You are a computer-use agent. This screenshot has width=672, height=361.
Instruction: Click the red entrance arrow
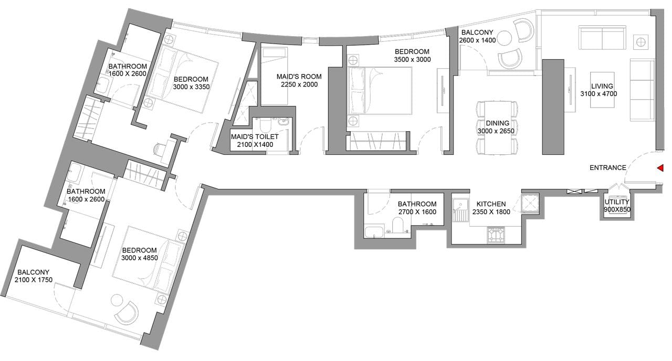[660, 168]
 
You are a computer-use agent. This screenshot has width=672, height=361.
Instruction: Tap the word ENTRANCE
[607, 168]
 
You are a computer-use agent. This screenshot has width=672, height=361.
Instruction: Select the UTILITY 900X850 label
[617, 206]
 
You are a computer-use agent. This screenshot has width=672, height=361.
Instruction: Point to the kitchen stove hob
[496, 235]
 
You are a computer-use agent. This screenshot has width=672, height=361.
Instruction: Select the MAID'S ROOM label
[299, 80]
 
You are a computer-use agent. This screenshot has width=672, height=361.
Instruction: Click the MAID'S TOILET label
[255, 140]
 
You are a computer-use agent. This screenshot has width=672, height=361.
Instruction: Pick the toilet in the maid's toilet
[264, 126]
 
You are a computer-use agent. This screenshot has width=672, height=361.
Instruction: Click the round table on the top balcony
[504, 38]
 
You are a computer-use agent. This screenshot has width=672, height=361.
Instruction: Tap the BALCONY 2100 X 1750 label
[34, 276]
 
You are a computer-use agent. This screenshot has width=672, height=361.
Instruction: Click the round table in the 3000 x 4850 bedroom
[117, 301]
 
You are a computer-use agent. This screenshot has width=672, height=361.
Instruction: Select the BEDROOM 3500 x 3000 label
[412, 56]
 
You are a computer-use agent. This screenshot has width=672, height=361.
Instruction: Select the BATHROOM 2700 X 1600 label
[417, 208]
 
